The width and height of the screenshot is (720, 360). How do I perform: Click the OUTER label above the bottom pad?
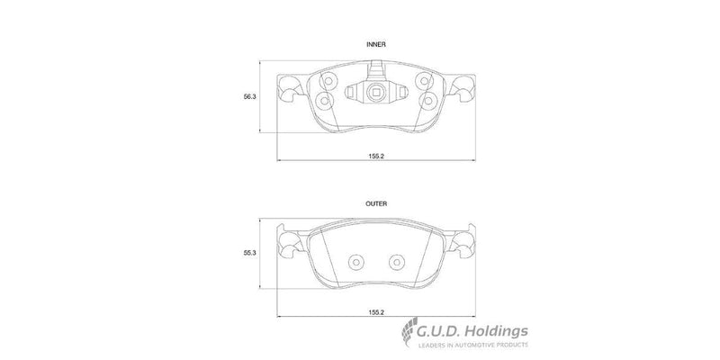(376, 204)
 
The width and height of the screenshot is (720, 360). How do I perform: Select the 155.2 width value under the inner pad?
(376, 156)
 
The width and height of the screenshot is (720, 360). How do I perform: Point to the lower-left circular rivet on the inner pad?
(325, 99)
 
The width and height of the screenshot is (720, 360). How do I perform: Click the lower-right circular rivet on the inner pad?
(429, 99)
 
